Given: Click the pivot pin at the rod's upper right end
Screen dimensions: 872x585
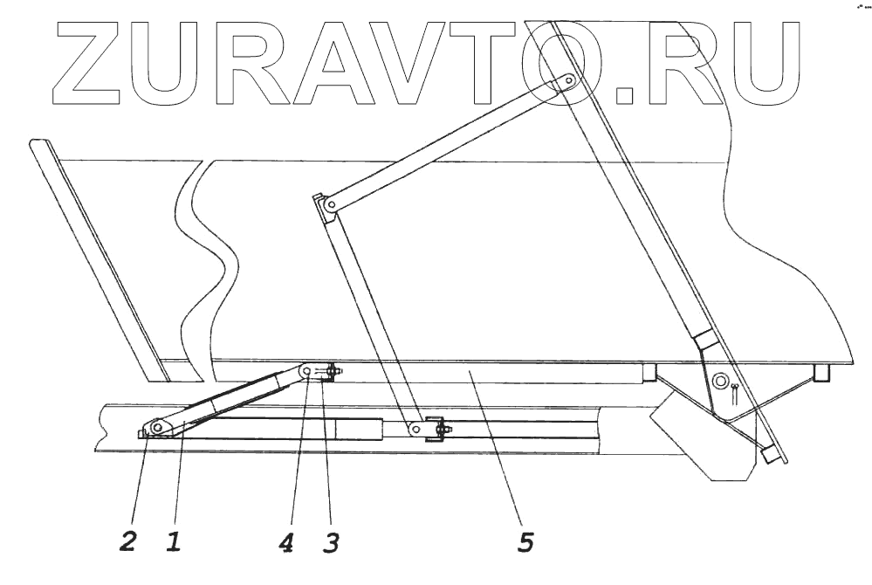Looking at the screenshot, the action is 566,82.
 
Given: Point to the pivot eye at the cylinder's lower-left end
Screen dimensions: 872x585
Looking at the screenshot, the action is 158,428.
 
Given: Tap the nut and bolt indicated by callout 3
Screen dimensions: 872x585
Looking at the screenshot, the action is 332,374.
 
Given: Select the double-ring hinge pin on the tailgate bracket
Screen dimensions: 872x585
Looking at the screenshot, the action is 721,381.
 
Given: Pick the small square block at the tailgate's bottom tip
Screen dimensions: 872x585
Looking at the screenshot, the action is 769,455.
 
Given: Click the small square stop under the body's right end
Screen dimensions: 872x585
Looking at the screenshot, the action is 820,373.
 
